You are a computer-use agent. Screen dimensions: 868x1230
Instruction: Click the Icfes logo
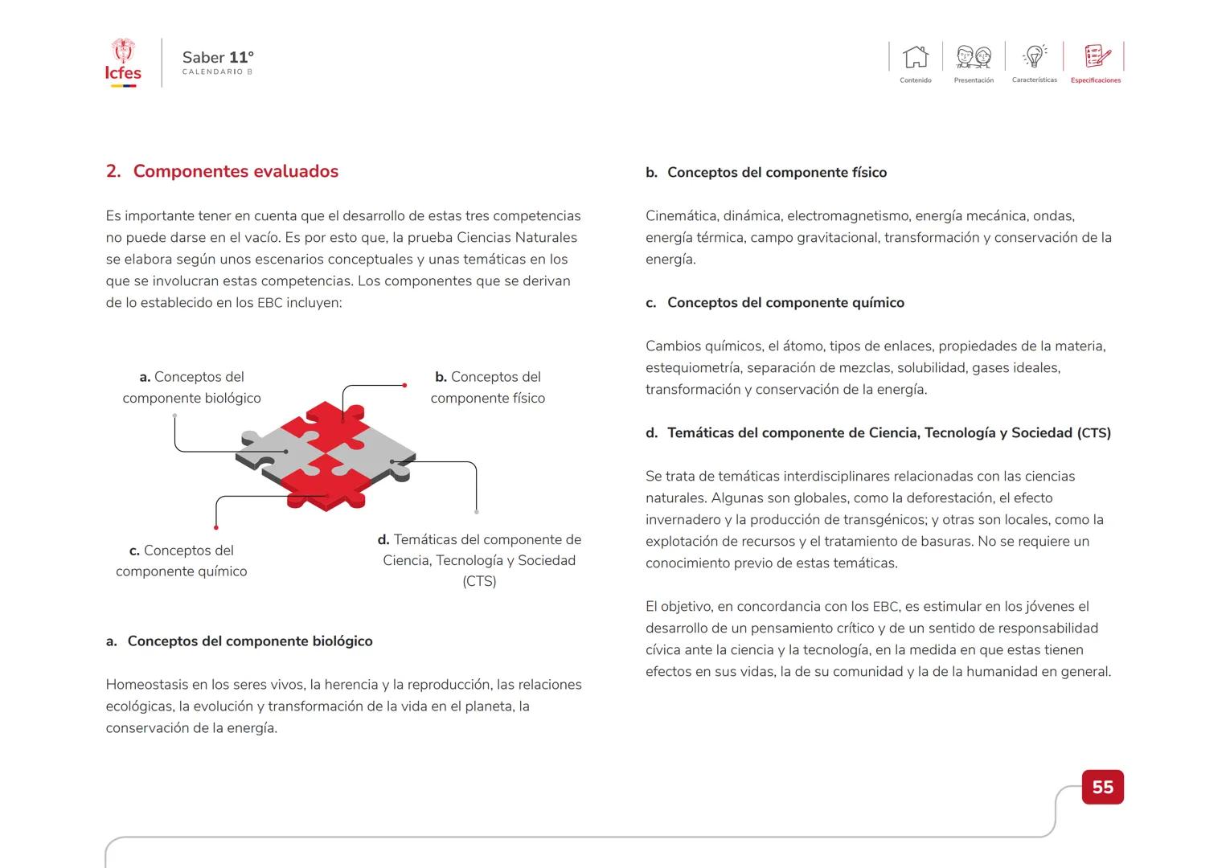point(123,63)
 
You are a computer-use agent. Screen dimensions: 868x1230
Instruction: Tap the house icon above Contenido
point(916,57)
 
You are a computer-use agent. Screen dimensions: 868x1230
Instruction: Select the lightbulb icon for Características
point(1035,56)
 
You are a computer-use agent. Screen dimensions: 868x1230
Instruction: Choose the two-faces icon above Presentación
point(974,57)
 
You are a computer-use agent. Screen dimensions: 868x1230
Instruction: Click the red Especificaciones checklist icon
point(1097,56)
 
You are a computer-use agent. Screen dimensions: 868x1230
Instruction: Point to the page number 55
point(1102,787)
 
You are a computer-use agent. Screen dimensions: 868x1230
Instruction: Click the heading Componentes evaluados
point(236,171)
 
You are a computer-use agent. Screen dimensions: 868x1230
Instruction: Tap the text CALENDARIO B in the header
point(217,72)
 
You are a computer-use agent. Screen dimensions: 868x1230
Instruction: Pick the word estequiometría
point(693,368)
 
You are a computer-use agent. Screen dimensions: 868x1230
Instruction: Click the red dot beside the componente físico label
point(404,386)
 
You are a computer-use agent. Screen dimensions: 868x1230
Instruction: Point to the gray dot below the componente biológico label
point(174,416)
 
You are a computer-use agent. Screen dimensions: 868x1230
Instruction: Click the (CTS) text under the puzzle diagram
point(479,582)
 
